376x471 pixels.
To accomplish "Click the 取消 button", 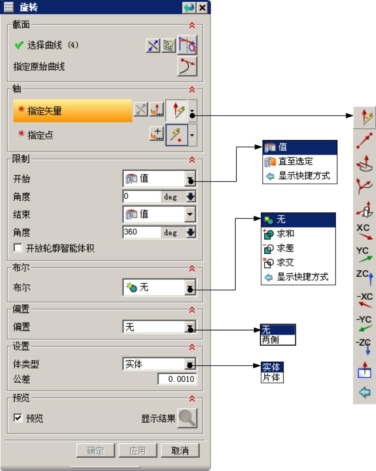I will tap(180, 450).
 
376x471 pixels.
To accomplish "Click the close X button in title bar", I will tap(202, 7).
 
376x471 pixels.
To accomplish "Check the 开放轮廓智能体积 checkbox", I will tap(18, 248).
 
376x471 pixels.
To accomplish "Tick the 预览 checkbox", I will tap(18, 418).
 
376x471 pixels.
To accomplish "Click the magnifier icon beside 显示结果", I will tap(187, 418).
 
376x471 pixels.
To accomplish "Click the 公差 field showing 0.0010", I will tap(177, 379).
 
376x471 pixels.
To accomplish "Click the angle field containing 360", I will tap(142, 232).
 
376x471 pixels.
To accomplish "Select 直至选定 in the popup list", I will tap(296, 162).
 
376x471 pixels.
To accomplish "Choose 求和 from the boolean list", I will tap(285, 234).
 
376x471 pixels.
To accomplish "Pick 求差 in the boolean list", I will tap(285, 248).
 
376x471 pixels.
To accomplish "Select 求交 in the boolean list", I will tap(285, 262).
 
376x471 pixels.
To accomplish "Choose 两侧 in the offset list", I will tap(271, 340).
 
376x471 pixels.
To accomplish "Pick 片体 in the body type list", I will tap(271, 377).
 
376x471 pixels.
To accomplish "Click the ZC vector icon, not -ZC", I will tap(365, 276).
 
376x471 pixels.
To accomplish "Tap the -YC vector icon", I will tap(364, 323).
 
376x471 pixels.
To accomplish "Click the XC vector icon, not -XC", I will tap(364, 232).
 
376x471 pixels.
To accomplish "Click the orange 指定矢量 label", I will tap(73, 111).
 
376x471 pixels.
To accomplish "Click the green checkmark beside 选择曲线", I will tap(19, 45).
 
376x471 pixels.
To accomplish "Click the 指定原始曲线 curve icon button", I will tap(187, 66).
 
